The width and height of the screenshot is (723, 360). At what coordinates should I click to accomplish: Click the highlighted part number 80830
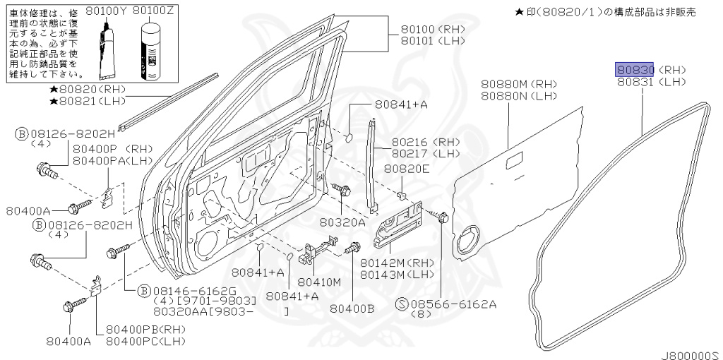click(635, 69)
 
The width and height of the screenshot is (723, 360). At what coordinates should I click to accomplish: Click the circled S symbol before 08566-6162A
click(402, 304)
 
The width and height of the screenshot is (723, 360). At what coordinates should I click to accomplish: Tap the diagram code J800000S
click(688, 352)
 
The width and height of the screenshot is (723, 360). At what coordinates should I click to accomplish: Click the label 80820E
click(407, 169)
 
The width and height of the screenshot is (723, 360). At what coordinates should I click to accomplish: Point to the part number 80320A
click(342, 221)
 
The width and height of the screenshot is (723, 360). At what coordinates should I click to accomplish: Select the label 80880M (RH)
click(518, 84)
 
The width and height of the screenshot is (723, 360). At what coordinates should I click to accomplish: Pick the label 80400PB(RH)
click(145, 330)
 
